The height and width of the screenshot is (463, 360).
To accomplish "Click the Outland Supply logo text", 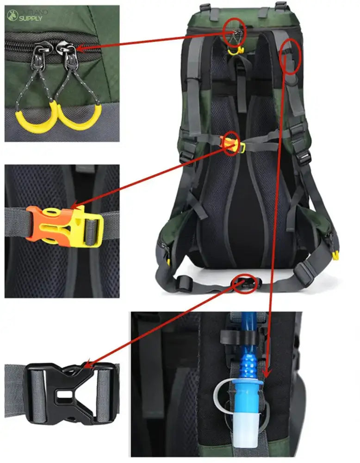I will [x=31, y=15].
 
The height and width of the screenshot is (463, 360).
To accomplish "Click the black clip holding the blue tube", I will [x=236, y=336].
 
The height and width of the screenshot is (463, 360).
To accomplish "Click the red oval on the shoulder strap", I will [x=291, y=56].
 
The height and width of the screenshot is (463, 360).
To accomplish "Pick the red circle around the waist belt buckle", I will [x=245, y=283].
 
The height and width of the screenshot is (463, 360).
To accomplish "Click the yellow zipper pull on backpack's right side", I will [x=335, y=255].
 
